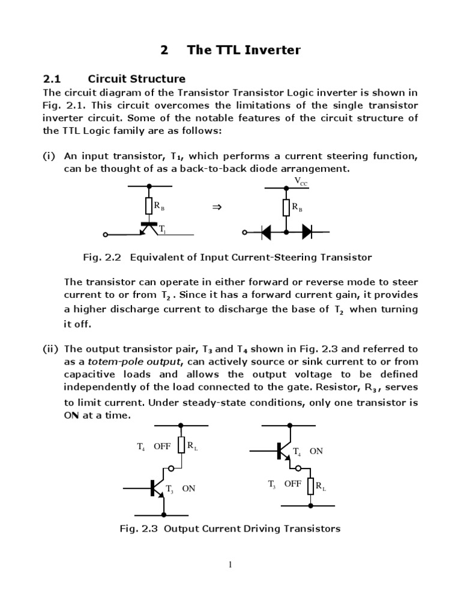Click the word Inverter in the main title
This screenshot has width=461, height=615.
click(x=268, y=50)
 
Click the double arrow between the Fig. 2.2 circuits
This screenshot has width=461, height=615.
click(x=217, y=207)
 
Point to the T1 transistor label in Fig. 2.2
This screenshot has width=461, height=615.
click(x=163, y=229)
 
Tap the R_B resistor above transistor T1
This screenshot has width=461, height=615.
click(x=149, y=207)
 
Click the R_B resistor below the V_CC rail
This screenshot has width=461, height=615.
click(x=286, y=207)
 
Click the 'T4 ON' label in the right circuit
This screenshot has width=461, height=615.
click(x=307, y=451)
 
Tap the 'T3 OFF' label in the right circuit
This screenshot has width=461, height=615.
click(x=284, y=483)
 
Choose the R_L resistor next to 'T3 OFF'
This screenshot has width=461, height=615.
click(x=310, y=486)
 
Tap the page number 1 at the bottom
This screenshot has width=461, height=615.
click(x=230, y=565)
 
